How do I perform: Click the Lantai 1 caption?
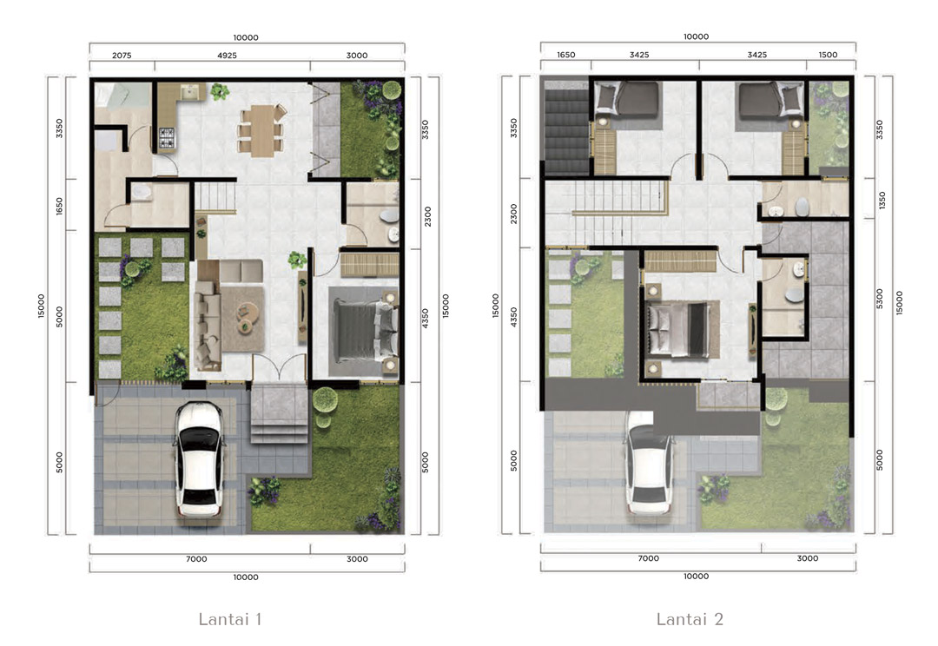pos(229,618)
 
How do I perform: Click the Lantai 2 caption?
pos(690,618)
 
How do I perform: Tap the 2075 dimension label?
pos(122,55)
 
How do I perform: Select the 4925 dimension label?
pos(227,55)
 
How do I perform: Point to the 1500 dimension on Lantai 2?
pos(828,55)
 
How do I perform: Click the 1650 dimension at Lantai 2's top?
pos(566,55)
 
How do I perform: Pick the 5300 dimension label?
pos(879,299)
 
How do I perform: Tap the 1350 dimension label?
pos(882,201)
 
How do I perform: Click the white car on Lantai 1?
pos(199,458)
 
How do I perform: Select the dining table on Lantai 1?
pos(262,130)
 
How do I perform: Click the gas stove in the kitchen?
pos(167,138)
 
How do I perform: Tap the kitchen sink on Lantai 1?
pos(190,92)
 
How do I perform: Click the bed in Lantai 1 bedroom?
pos(364,331)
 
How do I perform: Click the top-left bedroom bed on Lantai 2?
pos(628,99)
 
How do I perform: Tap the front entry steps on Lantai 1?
pos(280,414)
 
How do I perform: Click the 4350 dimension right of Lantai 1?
pos(425,318)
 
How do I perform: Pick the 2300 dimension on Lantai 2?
pos(513,214)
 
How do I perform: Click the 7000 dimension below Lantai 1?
pos(196,558)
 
